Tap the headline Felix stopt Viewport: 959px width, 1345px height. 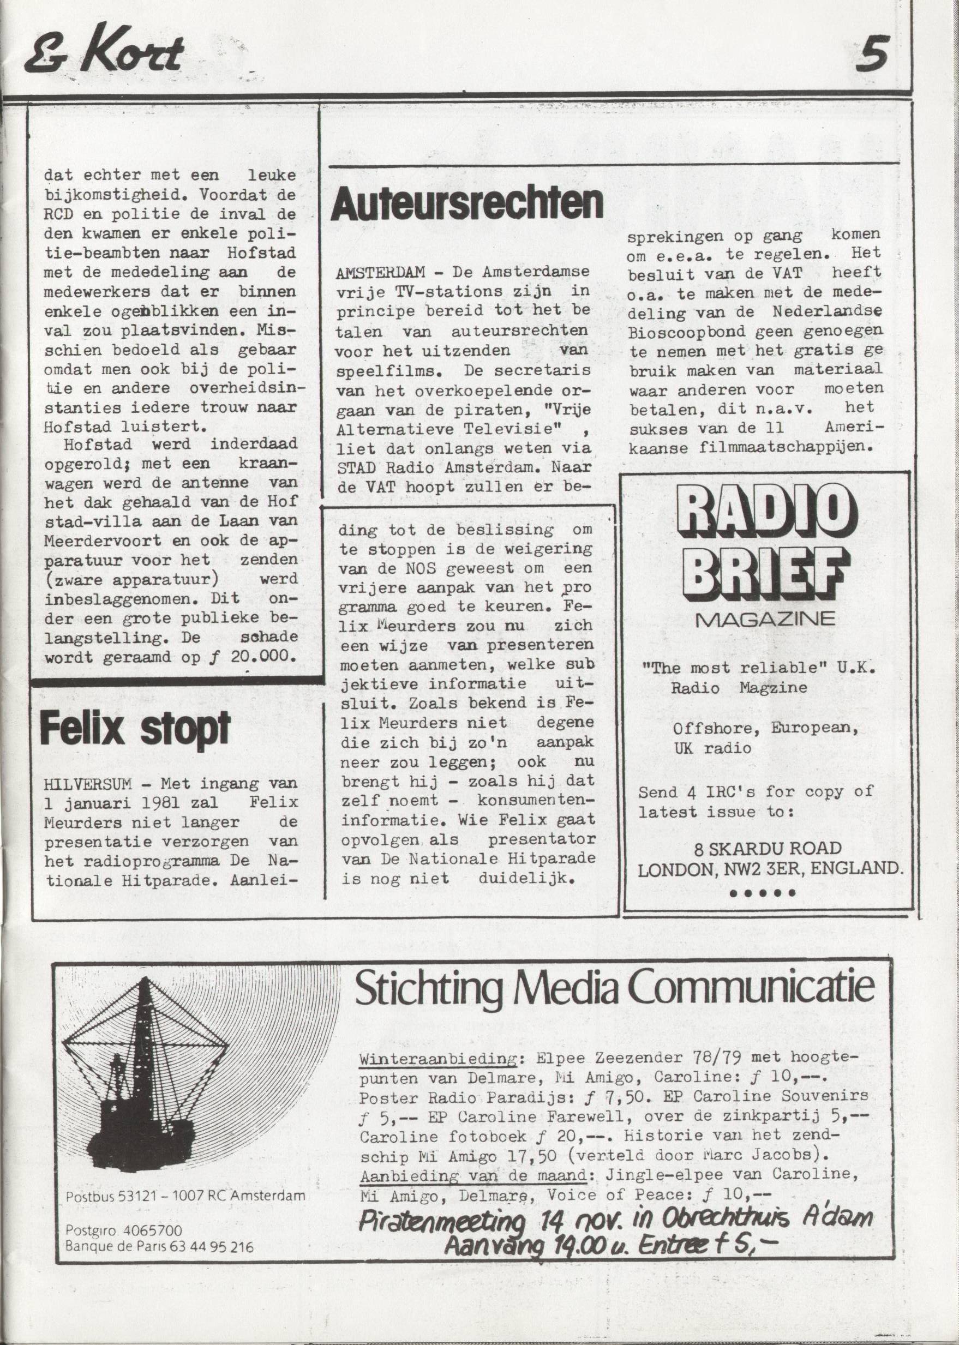tap(135, 729)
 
